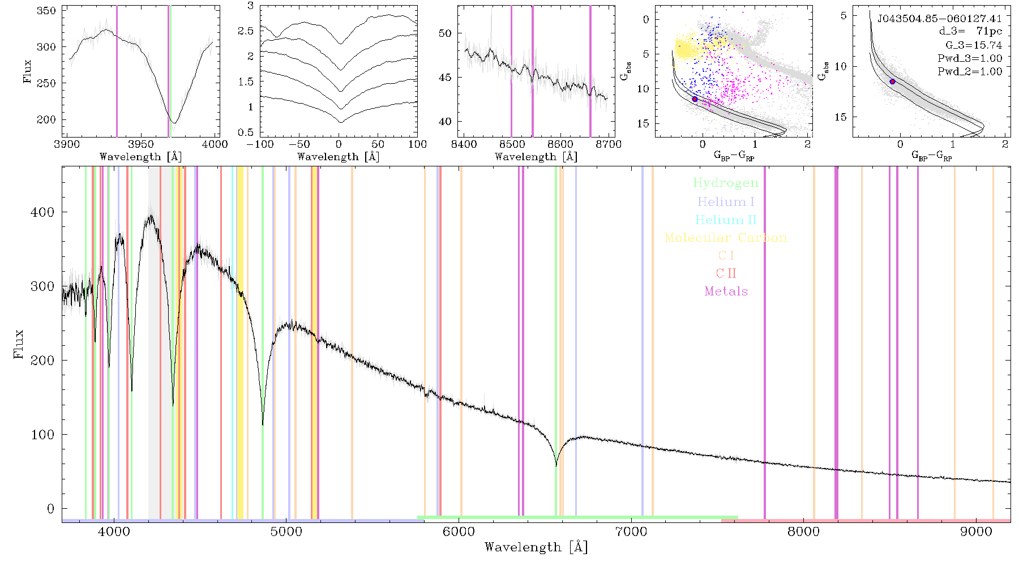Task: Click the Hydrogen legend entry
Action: click(725, 183)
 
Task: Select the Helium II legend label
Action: click(725, 220)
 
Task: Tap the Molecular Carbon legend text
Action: click(726, 238)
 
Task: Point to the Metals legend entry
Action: click(726, 291)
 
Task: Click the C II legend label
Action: click(726, 273)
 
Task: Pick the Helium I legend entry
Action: click(726, 201)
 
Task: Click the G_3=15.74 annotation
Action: click(974, 45)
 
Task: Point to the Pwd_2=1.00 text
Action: click(970, 71)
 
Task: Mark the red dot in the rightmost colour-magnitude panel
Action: click(892, 82)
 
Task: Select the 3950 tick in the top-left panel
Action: click(141, 144)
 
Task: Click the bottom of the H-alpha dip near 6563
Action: click(556, 465)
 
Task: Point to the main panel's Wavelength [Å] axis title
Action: click(536, 547)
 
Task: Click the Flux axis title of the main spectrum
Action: click(19, 344)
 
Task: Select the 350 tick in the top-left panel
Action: click(46, 11)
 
